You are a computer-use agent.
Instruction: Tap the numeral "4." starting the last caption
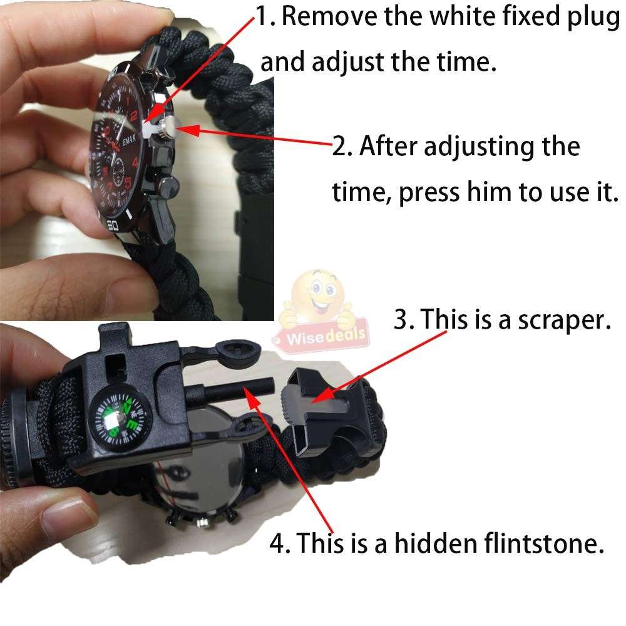[x=280, y=543]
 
